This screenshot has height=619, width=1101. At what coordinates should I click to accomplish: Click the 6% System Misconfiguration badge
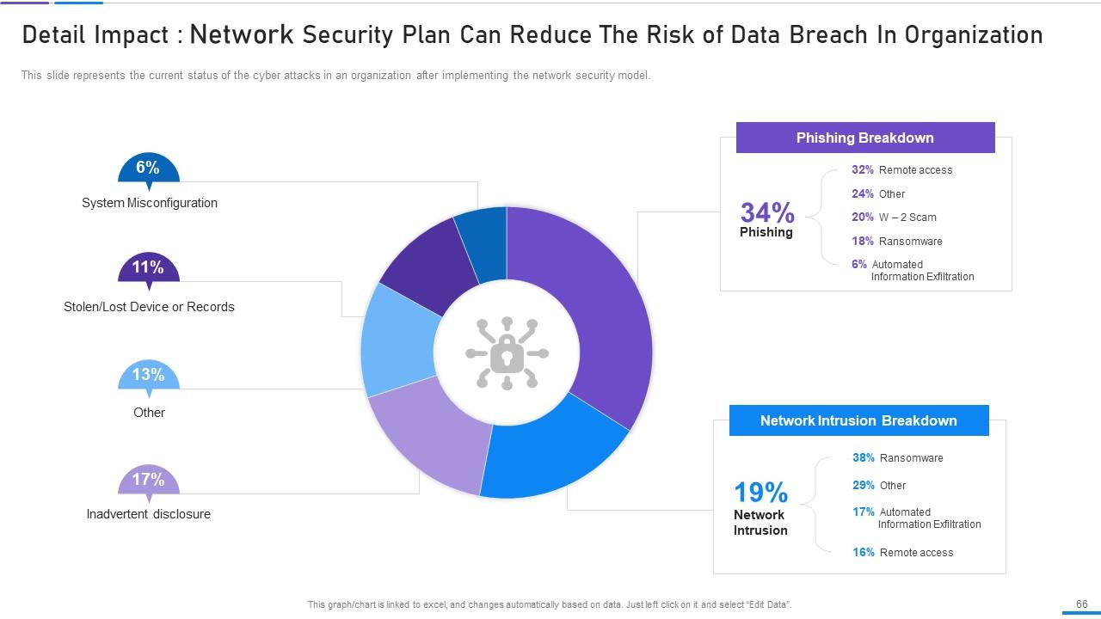[148, 169]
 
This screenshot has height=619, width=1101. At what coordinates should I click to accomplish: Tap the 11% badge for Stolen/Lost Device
[148, 268]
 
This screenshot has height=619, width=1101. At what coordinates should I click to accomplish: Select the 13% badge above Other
[148, 376]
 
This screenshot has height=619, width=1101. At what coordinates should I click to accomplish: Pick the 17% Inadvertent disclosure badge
[148, 481]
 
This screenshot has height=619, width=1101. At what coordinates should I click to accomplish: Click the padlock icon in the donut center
[507, 352]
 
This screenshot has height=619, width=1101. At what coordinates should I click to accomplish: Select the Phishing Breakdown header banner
[864, 138]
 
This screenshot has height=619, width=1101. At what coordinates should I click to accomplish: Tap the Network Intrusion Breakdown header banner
[858, 420]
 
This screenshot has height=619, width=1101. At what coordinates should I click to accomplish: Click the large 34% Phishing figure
[766, 213]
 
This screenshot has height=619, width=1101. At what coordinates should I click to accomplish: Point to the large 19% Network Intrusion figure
[760, 493]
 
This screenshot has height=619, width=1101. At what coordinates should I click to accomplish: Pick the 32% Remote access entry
[901, 170]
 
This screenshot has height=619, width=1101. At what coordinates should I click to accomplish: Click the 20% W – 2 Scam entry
[894, 218]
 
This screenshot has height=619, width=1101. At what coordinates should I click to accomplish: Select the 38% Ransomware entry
[897, 458]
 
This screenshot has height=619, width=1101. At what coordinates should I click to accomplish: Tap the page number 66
[1082, 604]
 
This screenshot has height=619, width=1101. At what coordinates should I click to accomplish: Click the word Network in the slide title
[242, 35]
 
